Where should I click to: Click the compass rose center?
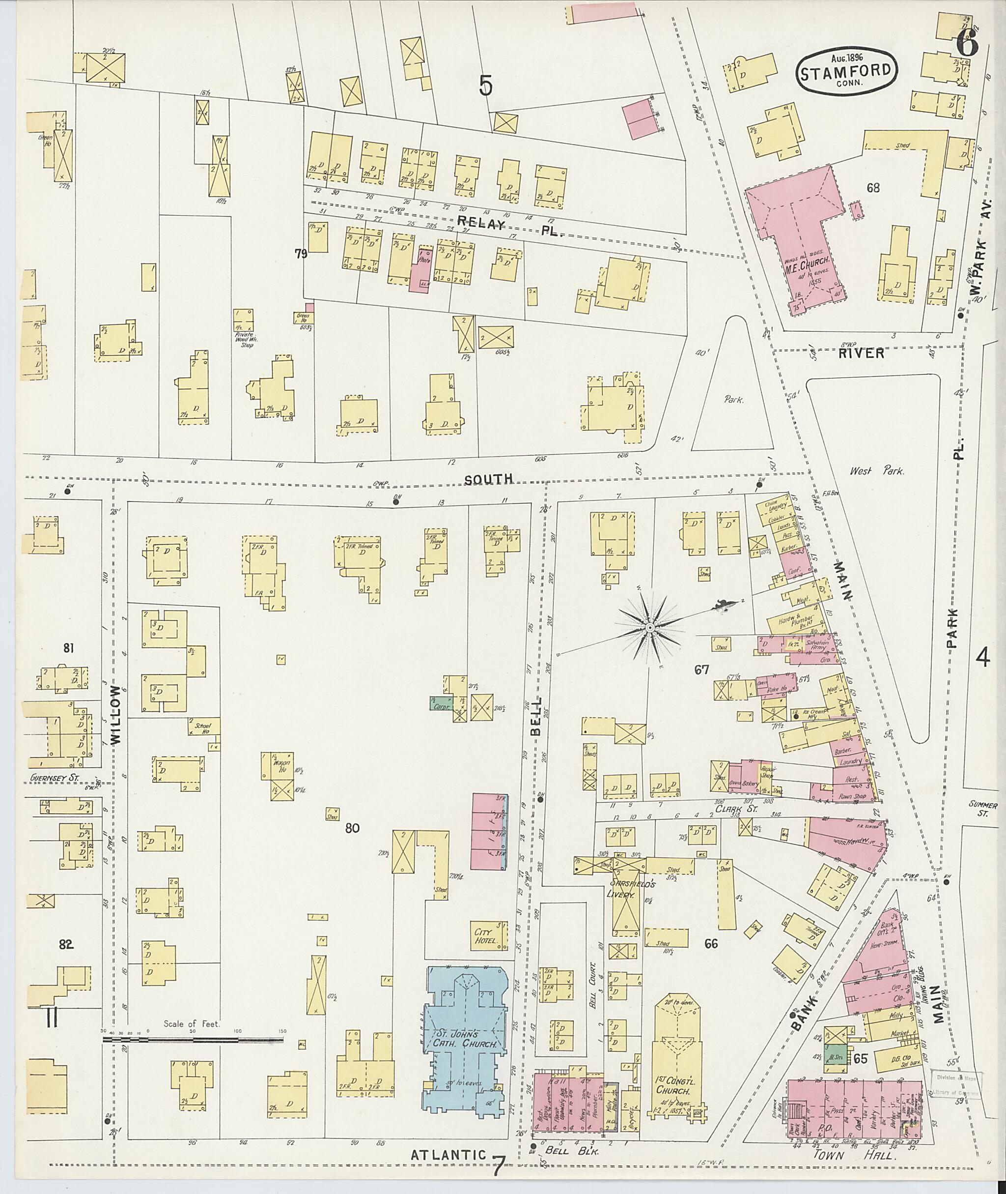pyautogui.click(x=649, y=628)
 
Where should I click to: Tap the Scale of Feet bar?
pyautogui.click(x=194, y=1040)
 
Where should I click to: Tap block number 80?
pyautogui.click(x=352, y=828)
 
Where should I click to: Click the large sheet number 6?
pyautogui.click(x=968, y=43)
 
